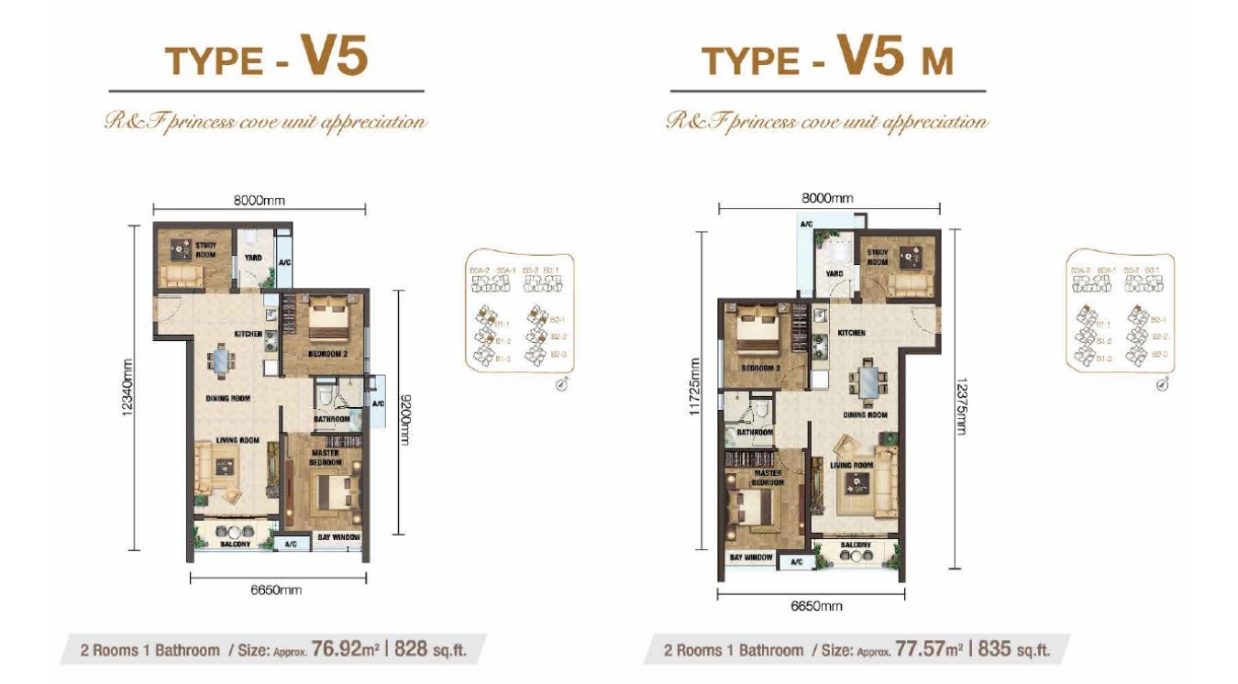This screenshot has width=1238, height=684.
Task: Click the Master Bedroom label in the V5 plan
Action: click(325, 458)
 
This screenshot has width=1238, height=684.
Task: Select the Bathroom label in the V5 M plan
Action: click(756, 433)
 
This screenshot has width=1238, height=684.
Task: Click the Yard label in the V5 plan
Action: click(253, 258)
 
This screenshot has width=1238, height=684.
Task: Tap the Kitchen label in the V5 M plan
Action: click(851, 334)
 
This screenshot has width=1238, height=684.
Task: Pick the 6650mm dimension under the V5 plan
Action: click(277, 590)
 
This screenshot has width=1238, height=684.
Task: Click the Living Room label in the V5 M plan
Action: click(849, 466)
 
